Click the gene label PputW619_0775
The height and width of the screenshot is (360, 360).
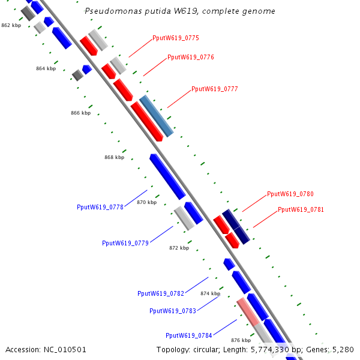[176, 38]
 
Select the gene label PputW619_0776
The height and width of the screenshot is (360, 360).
[191, 58]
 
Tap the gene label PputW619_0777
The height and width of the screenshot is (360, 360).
[215, 89]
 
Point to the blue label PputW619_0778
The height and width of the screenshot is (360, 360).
[100, 207]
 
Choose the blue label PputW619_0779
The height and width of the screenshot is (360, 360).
[125, 243]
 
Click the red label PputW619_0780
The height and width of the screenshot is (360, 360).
[290, 194]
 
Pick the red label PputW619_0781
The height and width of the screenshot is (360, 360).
[301, 210]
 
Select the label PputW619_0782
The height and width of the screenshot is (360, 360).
[161, 293]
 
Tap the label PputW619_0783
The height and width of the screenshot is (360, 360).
[173, 311]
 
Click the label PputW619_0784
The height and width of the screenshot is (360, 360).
[189, 335]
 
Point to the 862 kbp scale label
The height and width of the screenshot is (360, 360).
[11, 25]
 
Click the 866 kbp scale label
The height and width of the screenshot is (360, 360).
[80, 113]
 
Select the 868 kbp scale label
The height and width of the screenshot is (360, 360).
[114, 157]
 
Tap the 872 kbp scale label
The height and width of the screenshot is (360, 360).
[179, 248]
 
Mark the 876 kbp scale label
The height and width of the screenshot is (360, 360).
[241, 340]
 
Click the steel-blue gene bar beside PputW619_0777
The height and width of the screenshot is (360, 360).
[157, 116]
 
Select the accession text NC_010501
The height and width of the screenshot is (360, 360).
[65, 349]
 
